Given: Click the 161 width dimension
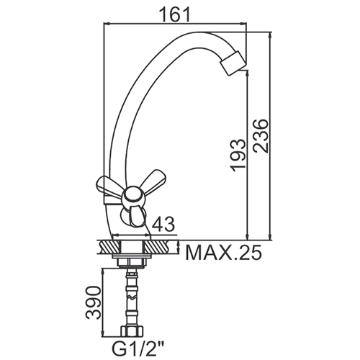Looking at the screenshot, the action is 174,14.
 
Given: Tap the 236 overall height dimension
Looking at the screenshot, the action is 260,135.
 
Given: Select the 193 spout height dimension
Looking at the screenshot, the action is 238,155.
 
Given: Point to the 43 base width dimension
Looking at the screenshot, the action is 164,224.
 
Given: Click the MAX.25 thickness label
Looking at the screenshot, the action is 223,253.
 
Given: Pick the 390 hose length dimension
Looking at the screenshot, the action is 93,302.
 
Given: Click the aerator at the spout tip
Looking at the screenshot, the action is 233,63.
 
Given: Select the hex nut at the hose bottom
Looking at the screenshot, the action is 132,332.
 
